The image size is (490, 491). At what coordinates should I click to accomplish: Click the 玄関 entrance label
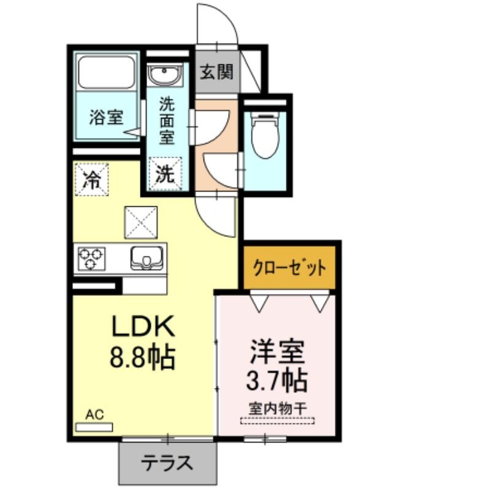217,72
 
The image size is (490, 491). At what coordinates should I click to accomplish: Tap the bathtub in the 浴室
106,72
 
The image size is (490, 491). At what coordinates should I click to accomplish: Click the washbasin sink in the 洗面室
165,74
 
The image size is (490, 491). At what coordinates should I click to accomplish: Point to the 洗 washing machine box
165,174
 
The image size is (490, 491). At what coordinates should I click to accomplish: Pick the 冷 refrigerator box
91,179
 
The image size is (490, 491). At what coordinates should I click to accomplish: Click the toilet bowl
265,135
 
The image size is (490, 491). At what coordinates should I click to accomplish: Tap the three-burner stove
91,258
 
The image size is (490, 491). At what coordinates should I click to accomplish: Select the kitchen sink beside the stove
147,258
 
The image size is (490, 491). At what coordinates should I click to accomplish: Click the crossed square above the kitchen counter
141,222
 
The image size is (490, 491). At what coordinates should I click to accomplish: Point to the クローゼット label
289,268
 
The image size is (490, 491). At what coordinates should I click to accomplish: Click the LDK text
143,327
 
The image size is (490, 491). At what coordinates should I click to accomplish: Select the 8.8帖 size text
142,357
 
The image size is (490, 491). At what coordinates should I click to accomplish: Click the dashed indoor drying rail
277,421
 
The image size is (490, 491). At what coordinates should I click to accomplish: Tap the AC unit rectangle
94,427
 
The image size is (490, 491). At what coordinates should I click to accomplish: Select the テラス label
167,463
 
